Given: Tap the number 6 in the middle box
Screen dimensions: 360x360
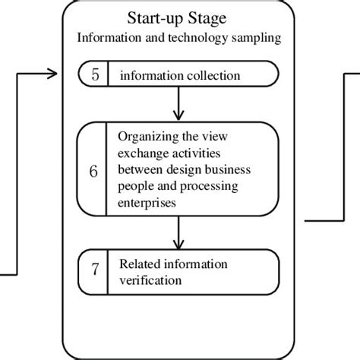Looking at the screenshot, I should (93, 172).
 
